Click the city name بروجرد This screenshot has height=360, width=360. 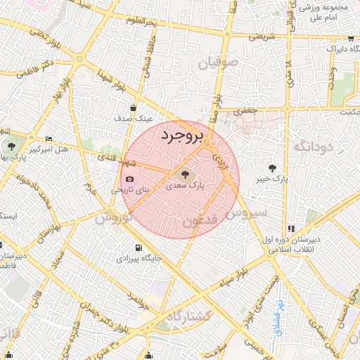181,135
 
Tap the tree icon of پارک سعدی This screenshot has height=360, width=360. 186,174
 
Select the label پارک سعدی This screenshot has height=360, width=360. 186,186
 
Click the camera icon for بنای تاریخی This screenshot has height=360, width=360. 129,179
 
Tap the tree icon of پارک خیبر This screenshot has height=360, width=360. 272,167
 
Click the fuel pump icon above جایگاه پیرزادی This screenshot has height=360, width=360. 138,247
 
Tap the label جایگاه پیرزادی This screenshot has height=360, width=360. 139,258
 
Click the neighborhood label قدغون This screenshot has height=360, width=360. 202,221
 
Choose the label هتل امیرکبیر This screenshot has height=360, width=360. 67,149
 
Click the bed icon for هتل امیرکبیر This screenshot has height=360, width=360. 48,139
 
